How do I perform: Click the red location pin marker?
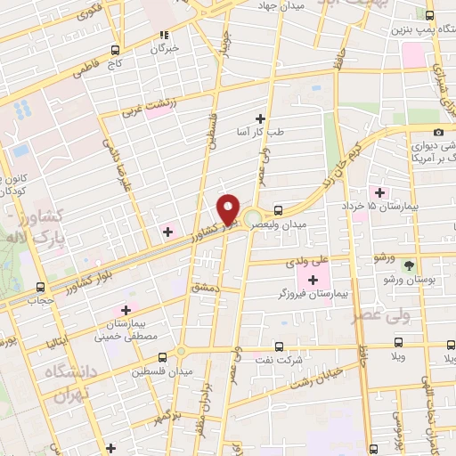(x=229, y=208)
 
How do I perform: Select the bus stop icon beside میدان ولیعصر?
(x=280, y=211)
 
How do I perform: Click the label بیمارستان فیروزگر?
(x=316, y=292)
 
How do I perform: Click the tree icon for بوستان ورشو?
(x=410, y=265)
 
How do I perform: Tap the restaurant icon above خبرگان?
(x=163, y=36)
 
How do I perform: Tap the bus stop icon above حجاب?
(x=40, y=287)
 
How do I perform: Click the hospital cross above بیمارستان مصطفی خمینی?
(x=125, y=309)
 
